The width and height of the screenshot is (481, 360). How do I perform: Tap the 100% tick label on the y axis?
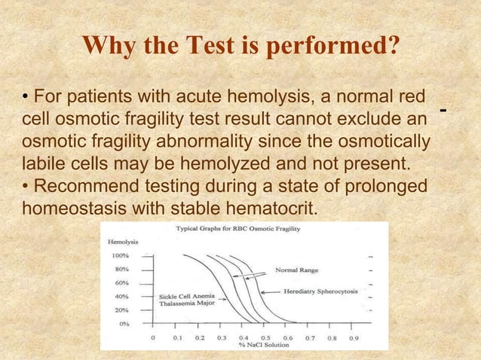[120, 255]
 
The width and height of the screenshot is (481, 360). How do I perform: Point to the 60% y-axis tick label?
[121, 282]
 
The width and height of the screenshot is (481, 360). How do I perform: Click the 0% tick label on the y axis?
[124, 323]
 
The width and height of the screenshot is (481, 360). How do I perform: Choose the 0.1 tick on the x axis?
[176, 338]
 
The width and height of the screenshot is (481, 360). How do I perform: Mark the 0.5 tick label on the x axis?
[265, 338]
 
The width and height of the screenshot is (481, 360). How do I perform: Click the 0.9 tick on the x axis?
[353, 338]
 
